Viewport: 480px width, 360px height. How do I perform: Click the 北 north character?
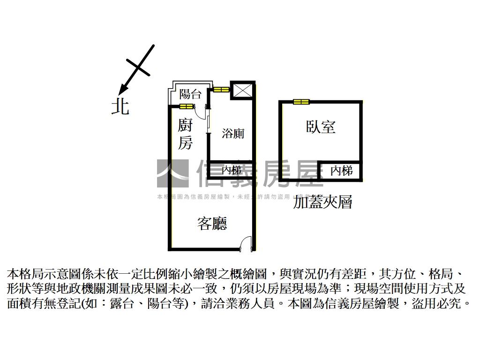(x=120, y=106)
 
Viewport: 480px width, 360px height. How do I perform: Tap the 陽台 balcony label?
(x=190, y=94)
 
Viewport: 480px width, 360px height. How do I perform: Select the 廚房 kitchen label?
(x=186, y=134)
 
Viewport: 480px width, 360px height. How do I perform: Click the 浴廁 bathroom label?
(x=233, y=134)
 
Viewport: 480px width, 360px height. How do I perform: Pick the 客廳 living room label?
(x=212, y=224)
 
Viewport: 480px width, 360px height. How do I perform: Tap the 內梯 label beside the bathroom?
(x=231, y=170)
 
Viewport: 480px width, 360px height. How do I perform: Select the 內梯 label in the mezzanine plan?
(x=341, y=171)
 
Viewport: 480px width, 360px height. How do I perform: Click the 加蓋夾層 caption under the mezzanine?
(x=322, y=202)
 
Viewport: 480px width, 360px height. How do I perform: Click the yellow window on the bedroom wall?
(x=301, y=102)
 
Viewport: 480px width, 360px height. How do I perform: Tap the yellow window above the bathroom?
(x=221, y=89)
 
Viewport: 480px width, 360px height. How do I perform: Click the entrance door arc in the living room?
(x=245, y=244)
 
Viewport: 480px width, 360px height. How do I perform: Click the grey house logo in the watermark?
(x=172, y=173)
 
